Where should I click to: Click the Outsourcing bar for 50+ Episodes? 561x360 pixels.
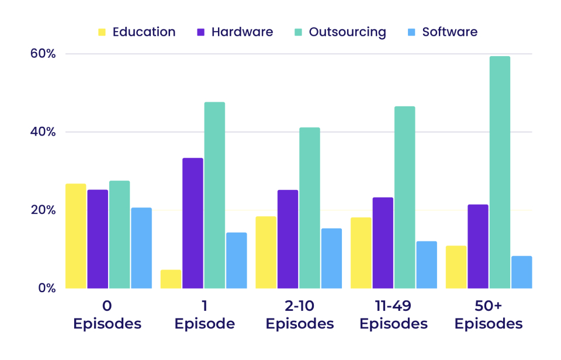coord(500,172)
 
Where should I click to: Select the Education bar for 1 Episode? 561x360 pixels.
coord(171,279)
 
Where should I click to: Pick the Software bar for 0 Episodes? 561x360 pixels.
coord(141,248)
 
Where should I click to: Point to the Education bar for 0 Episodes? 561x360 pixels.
coord(75,236)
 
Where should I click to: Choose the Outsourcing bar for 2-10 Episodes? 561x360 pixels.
coord(310,208)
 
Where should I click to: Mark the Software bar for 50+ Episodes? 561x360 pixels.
coord(521,272)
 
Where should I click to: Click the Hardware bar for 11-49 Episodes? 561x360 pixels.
coord(383,243)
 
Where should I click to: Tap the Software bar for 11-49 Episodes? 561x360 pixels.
coord(427,265)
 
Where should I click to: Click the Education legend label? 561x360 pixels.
coord(144,32)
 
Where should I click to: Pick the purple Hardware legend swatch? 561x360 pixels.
coord(200,32)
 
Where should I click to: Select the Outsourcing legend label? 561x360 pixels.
coord(347,32)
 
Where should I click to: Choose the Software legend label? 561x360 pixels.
coord(449,32)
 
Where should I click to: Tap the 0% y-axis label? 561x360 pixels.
coord(46,288)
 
